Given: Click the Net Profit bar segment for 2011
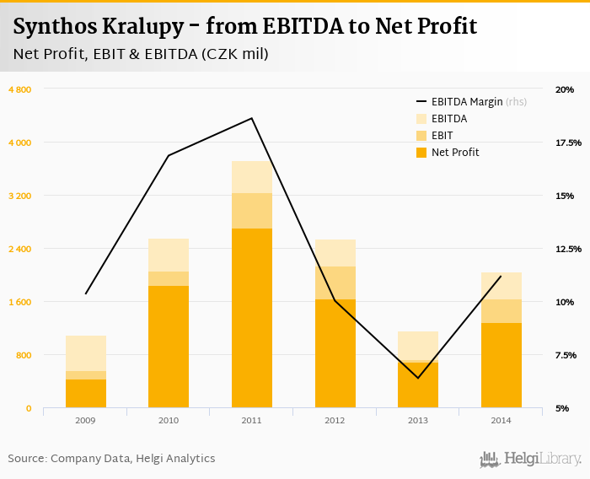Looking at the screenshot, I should pos(251,318).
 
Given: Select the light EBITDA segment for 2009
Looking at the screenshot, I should pos(86,353).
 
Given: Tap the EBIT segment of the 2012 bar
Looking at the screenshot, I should pos(335,283).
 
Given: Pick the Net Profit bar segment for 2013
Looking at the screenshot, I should pos(418,385).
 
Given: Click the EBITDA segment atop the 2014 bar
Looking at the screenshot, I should pos(501,286).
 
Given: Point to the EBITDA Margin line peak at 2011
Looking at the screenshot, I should pos(251,118).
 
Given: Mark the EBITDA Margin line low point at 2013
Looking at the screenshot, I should pos(418,378).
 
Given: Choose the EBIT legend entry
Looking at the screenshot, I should pos(442,136).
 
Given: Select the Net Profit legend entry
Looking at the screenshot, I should pos(454,153).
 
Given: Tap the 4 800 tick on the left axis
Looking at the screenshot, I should pos(19,89).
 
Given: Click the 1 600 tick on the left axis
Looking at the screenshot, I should pos(19,302).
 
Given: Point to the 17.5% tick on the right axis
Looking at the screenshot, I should pos(568,143).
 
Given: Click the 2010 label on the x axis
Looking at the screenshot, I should pos(169,420).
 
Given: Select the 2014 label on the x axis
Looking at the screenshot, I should pos(501,420).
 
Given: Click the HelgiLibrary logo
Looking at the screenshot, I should pos(531,459).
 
